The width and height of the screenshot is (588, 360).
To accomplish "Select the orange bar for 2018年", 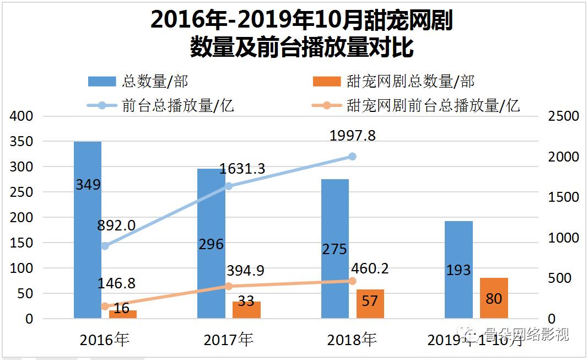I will pyautogui.click(x=370, y=304).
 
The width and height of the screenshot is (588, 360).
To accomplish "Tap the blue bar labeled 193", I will pyautogui.click(x=458, y=270).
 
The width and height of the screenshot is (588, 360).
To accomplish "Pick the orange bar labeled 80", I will pyautogui.click(x=494, y=298).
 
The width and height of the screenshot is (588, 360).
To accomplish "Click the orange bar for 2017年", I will pyautogui.click(x=246, y=310).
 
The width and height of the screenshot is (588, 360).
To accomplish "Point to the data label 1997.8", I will pyautogui.click(x=352, y=136).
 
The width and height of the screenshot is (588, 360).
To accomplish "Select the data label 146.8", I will pyautogui.click(x=116, y=283).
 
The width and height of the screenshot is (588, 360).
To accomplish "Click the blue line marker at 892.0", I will pyautogui.click(x=105, y=246).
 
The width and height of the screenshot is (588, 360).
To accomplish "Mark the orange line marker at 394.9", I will pyautogui.click(x=229, y=286).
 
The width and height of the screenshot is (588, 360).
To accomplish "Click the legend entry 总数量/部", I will pyautogui.click(x=138, y=82).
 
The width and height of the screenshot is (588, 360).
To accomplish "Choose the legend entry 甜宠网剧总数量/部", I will pyautogui.click(x=393, y=82).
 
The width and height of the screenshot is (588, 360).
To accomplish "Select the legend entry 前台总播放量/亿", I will pyautogui.click(x=161, y=105).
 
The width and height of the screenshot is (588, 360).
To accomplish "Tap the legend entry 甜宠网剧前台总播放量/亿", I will pyautogui.click(x=416, y=105).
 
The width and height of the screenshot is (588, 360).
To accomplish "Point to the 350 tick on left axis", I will pyautogui.click(x=23, y=142).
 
